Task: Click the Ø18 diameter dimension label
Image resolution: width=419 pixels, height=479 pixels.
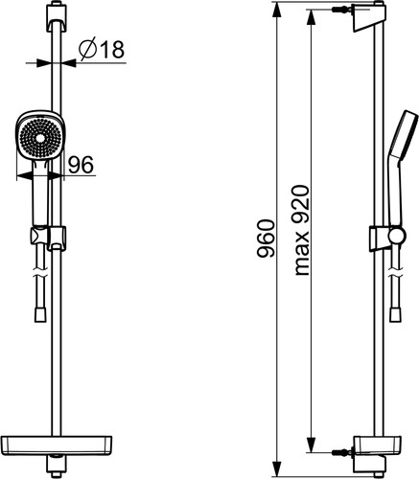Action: (102, 48)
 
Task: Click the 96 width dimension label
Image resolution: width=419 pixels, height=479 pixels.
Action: (81, 165)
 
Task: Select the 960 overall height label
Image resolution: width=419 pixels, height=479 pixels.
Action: (266, 239)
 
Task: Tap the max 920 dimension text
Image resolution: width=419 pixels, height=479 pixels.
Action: (301, 230)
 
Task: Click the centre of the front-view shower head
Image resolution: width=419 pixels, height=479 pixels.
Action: (40, 138)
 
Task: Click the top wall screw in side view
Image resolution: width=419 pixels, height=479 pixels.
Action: (342, 10)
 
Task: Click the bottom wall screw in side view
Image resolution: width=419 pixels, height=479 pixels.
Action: (342, 452)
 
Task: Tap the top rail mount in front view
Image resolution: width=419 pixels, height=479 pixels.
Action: (57, 17)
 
